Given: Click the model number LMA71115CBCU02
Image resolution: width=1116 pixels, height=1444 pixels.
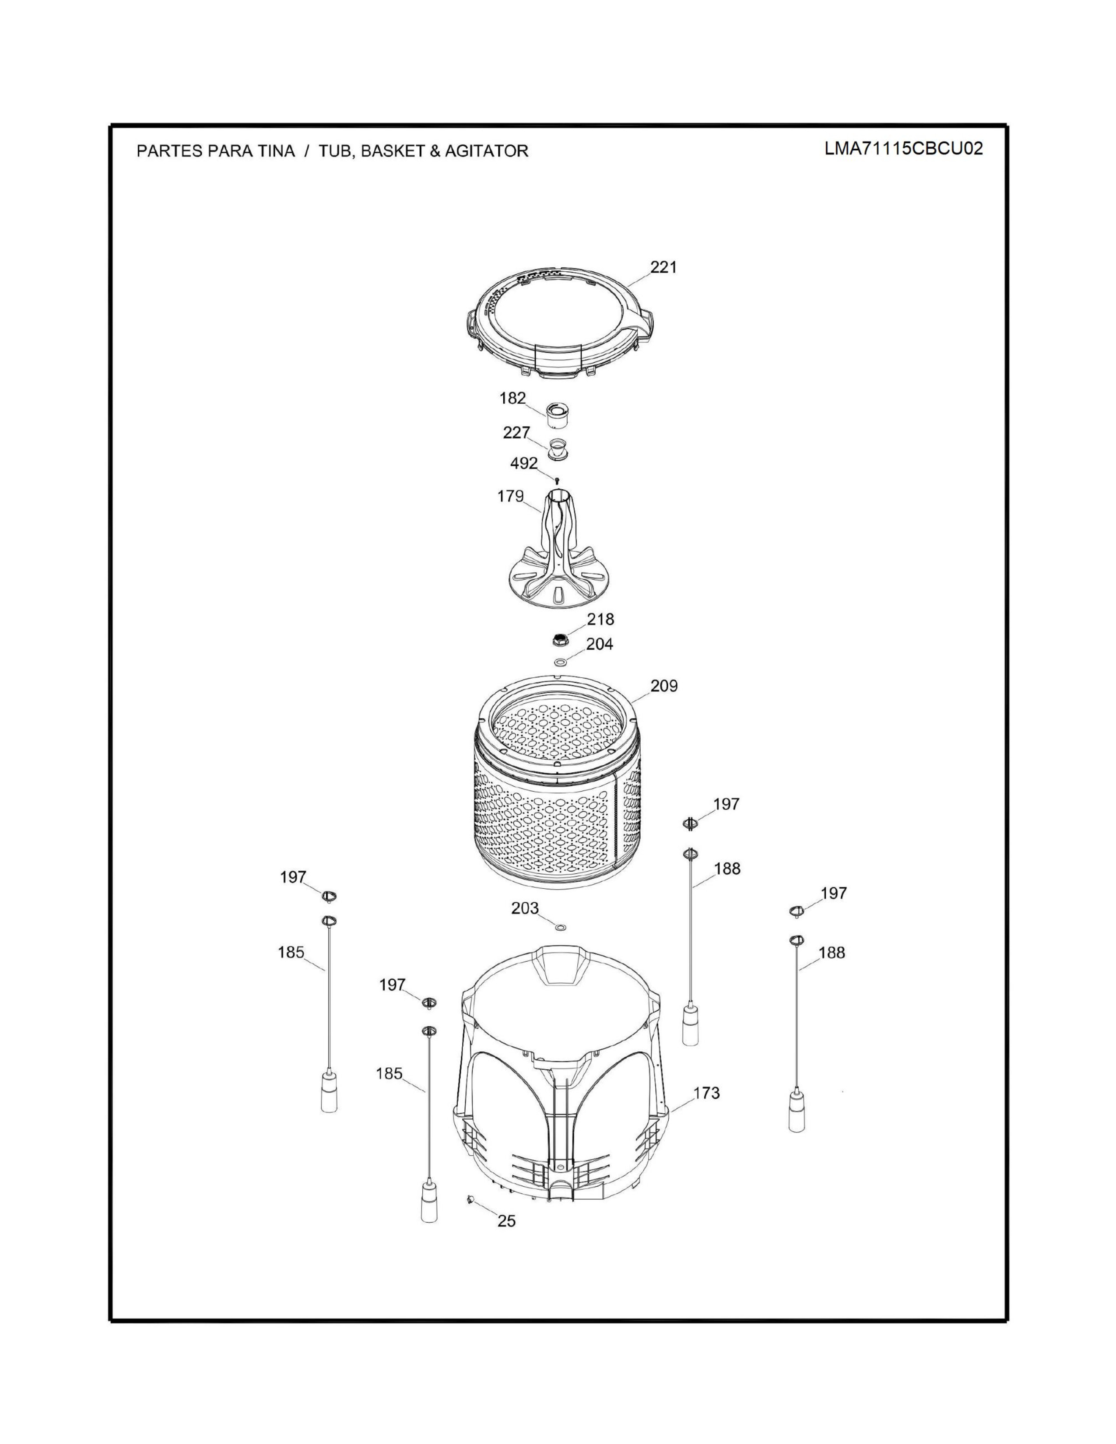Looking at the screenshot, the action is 903,148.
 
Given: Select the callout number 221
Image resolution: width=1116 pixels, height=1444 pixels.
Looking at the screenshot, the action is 664,267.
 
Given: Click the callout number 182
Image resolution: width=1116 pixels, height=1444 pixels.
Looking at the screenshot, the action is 512,398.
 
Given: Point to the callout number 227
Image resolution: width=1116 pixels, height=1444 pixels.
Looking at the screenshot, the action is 516,432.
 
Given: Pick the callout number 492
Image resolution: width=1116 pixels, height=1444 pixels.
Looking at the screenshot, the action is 523,463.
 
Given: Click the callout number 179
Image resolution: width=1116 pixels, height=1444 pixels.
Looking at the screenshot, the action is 510,496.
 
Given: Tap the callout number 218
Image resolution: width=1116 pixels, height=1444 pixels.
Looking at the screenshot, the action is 600,620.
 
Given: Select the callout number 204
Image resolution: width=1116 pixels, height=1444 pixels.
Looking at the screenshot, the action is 600,644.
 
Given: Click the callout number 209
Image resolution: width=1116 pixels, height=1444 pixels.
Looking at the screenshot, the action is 664,686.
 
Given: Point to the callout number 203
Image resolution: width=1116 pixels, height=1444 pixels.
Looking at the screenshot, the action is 525,908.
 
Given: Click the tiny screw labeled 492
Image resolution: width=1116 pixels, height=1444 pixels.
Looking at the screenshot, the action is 557,479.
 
